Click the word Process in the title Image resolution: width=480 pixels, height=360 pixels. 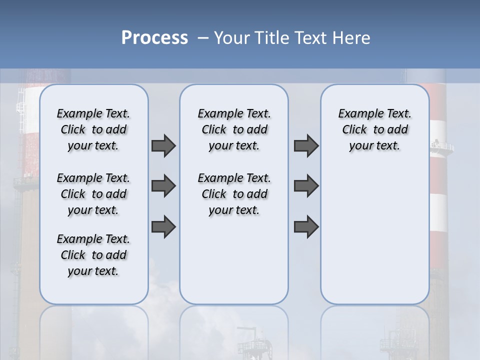pyautogui.click(x=154, y=38)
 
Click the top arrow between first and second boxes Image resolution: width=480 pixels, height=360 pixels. pyautogui.click(x=163, y=145)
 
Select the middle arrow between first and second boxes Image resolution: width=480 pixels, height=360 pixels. pyautogui.click(x=163, y=186)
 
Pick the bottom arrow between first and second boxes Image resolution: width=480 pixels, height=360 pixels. pyautogui.click(x=163, y=226)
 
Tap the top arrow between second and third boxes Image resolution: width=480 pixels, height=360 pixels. pyautogui.click(x=306, y=145)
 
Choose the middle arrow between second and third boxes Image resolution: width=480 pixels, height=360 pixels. pyautogui.click(x=306, y=186)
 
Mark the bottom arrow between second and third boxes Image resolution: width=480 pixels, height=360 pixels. pyautogui.click(x=306, y=226)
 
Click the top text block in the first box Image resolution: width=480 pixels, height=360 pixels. pyautogui.click(x=93, y=129)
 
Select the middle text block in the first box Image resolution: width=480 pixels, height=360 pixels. pyautogui.click(x=93, y=194)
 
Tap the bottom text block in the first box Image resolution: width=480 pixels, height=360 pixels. pyautogui.click(x=93, y=255)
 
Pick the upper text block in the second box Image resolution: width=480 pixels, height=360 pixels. pyautogui.click(x=234, y=129)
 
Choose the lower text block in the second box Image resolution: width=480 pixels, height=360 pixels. pyautogui.click(x=234, y=194)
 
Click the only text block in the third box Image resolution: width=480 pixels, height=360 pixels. pyautogui.click(x=374, y=129)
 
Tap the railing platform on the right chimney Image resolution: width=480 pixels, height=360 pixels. pyautogui.click(x=442, y=146)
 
